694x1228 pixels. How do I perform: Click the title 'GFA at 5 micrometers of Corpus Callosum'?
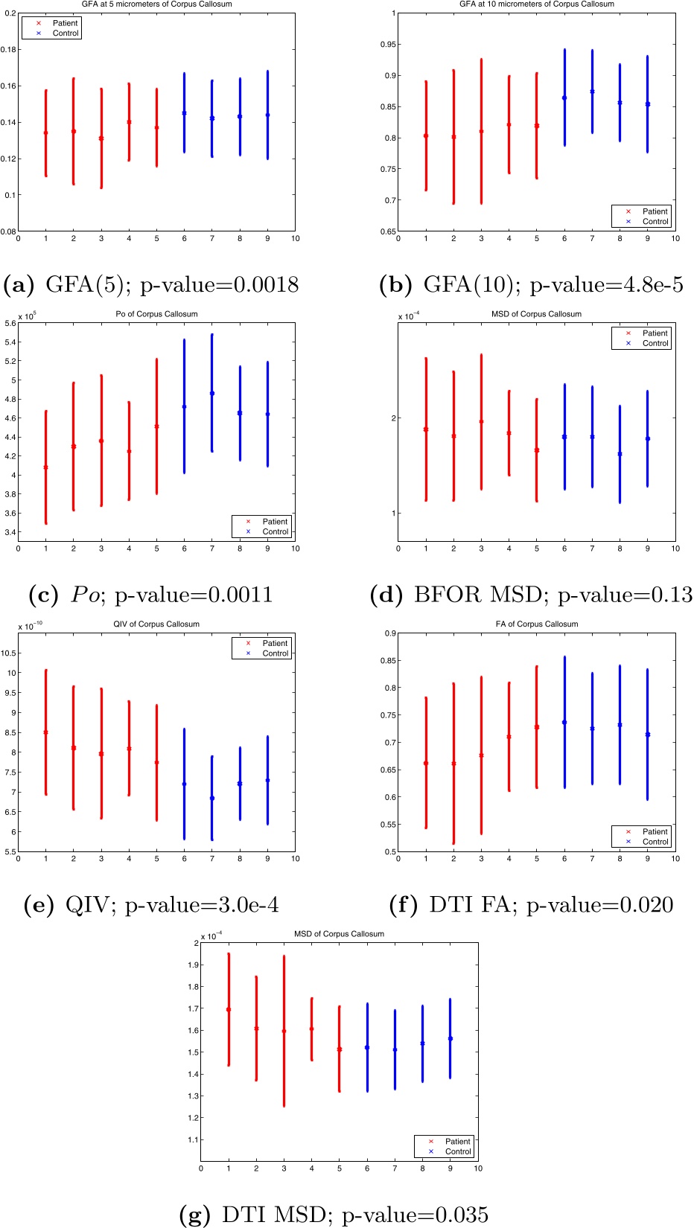click(x=156, y=4)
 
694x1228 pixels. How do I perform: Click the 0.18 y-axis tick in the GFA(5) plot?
click(x=9, y=50)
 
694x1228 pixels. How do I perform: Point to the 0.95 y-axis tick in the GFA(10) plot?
click(x=388, y=45)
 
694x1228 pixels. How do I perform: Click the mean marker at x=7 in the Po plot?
click(x=212, y=393)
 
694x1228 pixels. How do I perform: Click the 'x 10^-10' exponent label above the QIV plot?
click(x=31, y=627)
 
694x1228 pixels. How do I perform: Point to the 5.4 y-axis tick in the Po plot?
click(x=10, y=342)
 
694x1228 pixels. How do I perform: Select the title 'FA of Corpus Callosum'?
click(x=536, y=624)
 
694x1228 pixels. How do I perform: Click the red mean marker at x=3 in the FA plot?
click(x=482, y=755)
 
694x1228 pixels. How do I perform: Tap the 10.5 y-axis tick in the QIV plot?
click(x=8, y=653)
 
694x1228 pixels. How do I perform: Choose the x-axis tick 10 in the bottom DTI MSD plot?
click(x=478, y=1168)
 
